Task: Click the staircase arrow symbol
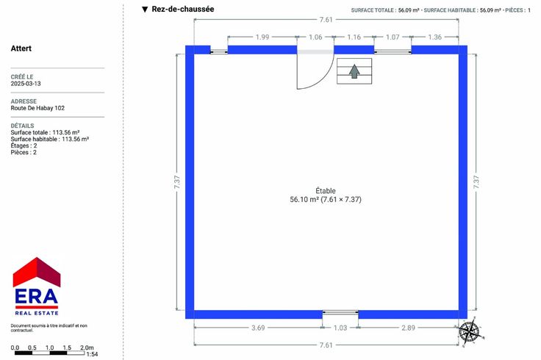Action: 354,71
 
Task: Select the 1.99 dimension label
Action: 262,37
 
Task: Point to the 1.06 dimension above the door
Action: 315,37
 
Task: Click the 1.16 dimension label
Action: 354,37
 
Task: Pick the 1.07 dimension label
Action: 393,37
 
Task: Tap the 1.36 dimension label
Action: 434,37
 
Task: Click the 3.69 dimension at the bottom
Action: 258,328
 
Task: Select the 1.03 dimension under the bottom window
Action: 340,328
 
